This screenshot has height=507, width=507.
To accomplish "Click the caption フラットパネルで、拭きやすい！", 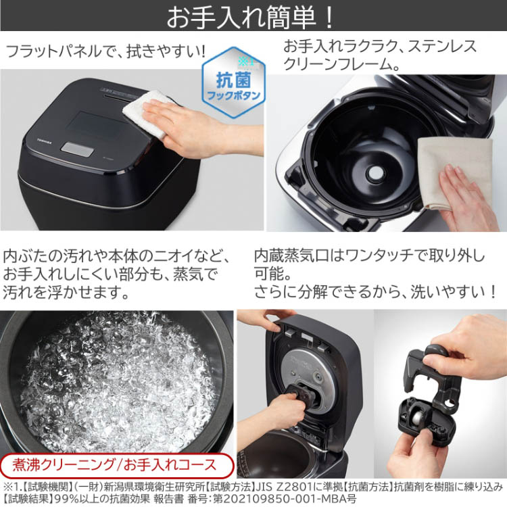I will pos(105,51).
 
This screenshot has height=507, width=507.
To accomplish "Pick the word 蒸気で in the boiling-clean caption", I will pos(200,275).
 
